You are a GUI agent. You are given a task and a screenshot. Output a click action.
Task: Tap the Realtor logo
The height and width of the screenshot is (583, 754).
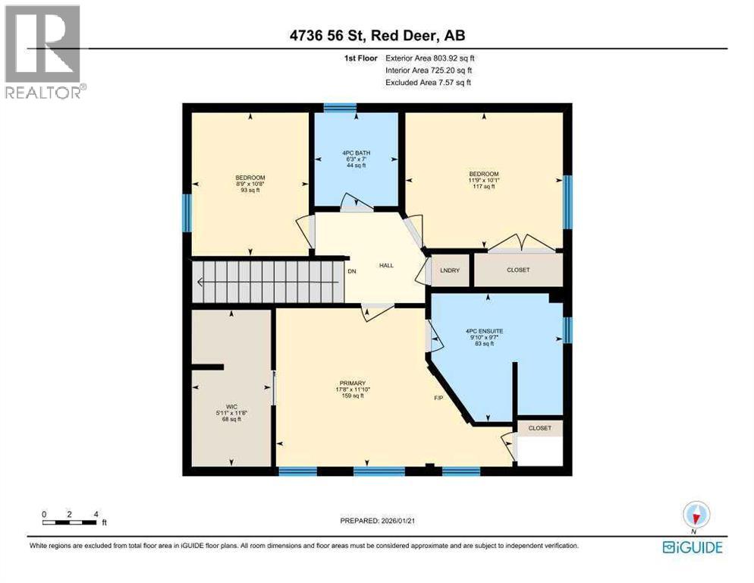pos(43,52)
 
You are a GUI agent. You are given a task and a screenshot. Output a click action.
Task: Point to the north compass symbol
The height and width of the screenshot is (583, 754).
pos(695,515)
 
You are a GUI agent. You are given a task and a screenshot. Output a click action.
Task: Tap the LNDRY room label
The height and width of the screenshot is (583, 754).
pos(449,270)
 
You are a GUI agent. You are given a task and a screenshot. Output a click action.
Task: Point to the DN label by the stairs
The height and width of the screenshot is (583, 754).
pos(351,271)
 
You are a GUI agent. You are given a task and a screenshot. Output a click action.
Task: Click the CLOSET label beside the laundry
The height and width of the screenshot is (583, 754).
pos(518,270)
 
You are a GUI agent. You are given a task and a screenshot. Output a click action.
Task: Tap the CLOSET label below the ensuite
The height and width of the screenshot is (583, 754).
pos(540,428)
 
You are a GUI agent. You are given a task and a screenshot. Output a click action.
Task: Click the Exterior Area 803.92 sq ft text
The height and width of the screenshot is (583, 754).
pos(429,58)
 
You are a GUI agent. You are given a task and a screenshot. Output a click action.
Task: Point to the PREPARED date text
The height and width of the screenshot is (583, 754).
pos(377,521)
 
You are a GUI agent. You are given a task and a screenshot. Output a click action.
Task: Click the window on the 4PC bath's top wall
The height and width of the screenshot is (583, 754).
pos(339,107)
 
